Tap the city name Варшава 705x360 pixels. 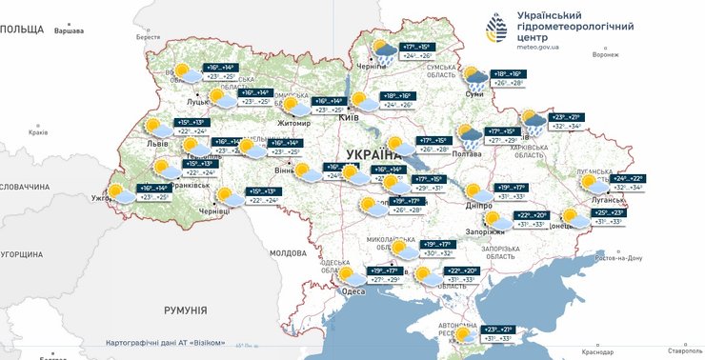[x=69, y=31]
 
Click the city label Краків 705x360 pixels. [x=38, y=132]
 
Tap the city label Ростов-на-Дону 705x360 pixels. [x=619, y=258]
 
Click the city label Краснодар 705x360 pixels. [x=597, y=352]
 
